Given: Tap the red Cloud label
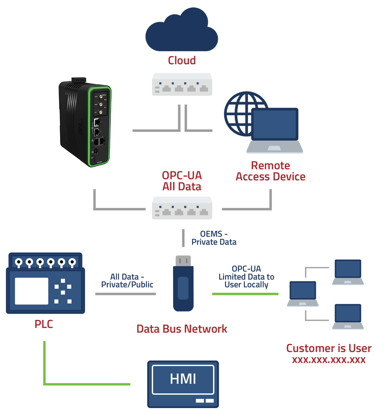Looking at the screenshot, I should (x=182, y=60).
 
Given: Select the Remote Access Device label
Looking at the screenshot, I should (x=270, y=171).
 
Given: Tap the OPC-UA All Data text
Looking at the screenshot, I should (x=182, y=181).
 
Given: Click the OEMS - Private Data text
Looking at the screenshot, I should (x=214, y=238).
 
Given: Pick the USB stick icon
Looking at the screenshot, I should (x=183, y=283).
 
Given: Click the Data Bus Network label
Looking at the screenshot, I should (x=182, y=329).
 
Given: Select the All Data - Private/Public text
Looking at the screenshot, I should (x=127, y=281).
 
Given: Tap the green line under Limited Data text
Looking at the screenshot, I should (x=245, y=294).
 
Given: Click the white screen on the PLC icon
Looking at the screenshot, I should (x=32, y=291).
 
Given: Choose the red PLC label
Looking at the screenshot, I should (x=44, y=324).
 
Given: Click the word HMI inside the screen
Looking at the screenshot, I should (x=183, y=379).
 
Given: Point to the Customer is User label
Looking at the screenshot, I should (x=329, y=348).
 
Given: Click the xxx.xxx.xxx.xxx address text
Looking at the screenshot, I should (x=329, y=360).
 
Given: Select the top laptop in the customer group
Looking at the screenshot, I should (x=348, y=272).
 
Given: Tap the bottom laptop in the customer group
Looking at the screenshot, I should (x=348, y=316).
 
